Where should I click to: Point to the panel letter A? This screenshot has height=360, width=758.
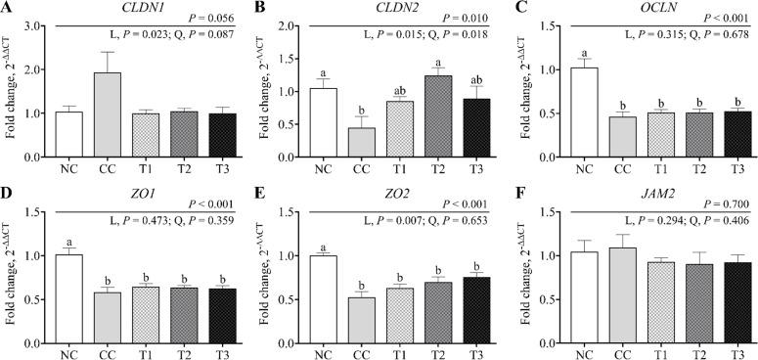(x=8, y=9)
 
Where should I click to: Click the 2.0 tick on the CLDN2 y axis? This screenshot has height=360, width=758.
(x=285, y=27)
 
